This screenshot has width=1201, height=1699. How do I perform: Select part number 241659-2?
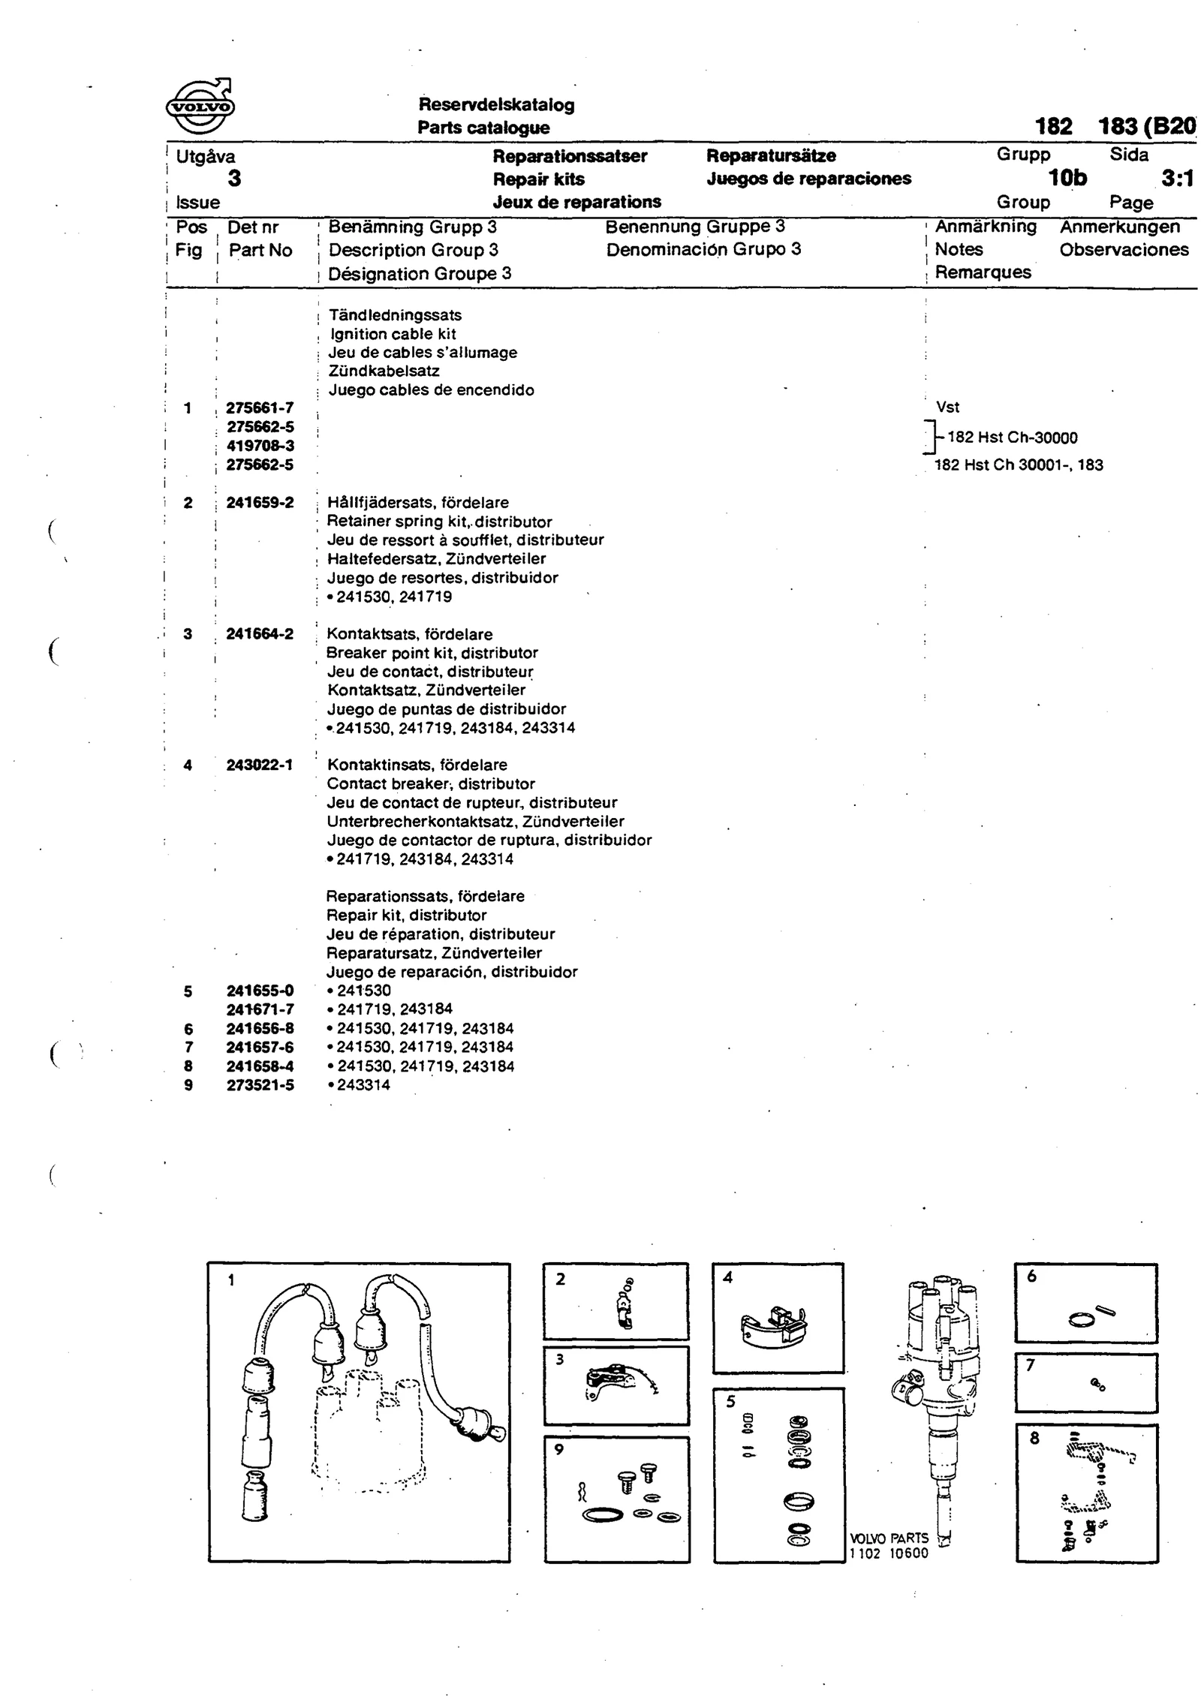point(260,503)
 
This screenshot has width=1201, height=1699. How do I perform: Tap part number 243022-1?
point(260,765)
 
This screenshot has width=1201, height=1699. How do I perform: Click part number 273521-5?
point(260,1085)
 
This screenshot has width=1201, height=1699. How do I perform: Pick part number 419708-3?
point(260,446)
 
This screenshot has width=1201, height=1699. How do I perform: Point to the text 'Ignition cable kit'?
point(393,335)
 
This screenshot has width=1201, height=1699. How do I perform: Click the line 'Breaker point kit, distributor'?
point(432,653)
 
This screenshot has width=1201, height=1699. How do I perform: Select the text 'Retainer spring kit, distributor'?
point(440,522)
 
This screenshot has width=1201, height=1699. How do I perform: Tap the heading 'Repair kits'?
point(538,179)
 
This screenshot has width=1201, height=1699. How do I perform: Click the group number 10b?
point(1067,178)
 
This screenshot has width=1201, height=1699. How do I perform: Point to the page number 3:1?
point(1176,179)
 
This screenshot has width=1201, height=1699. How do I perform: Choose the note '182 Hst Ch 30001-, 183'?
point(1019,465)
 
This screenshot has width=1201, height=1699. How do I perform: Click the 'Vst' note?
point(948,407)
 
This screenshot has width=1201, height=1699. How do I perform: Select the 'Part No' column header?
point(260,251)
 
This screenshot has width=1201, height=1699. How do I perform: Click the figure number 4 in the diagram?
point(727,1278)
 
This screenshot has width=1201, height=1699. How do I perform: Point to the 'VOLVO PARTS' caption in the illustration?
point(889,1538)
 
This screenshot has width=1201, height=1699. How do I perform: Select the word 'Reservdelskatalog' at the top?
point(496,105)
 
